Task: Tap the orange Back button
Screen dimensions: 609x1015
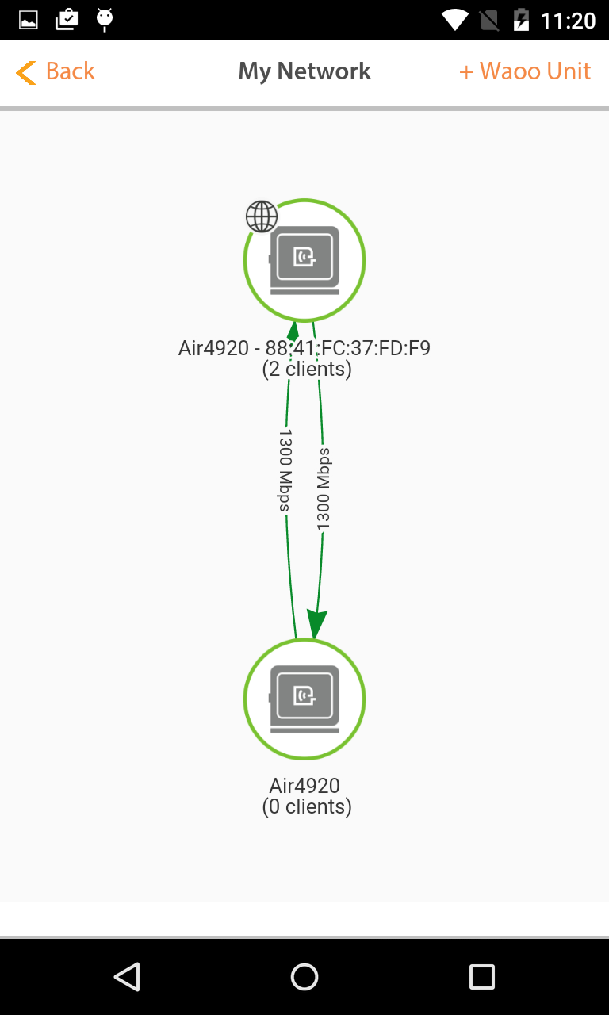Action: point(56,71)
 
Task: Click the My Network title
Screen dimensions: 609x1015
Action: point(304,71)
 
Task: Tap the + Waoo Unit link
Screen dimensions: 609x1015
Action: point(525,71)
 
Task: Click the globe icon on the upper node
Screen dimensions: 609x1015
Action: point(262,216)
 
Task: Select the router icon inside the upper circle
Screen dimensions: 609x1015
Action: point(304,260)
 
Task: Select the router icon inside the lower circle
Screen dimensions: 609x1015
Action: point(304,699)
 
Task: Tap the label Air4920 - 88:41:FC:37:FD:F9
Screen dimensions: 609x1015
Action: point(304,348)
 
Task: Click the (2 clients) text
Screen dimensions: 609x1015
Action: point(307,369)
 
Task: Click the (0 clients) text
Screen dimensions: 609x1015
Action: point(307,806)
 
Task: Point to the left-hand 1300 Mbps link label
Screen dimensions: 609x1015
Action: point(285,471)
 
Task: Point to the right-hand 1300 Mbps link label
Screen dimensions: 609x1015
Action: point(324,489)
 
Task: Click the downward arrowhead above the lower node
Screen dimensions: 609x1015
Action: point(316,624)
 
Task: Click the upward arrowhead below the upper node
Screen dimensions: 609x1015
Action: point(293,331)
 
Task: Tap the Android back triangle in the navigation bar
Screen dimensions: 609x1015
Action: point(127,976)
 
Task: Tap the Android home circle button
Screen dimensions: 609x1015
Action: point(304,976)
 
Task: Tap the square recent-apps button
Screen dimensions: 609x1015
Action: point(481,976)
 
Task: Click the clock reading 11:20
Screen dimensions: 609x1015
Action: point(569,21)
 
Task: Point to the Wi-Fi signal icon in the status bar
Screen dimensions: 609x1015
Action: point(455,21)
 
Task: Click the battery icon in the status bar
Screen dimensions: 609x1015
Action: point(521,20)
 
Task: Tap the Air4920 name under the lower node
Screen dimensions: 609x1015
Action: point(304,786)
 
